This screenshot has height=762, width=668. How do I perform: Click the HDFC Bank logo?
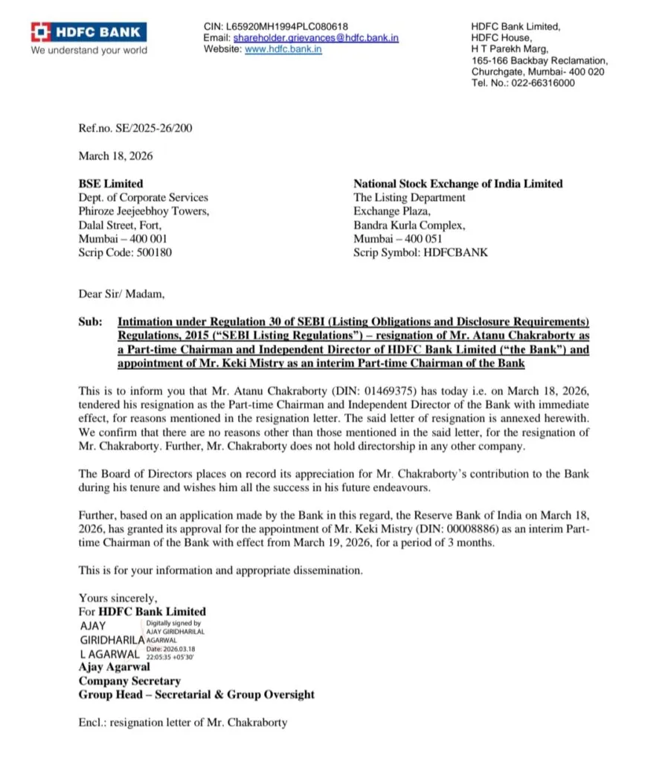pos(88,32)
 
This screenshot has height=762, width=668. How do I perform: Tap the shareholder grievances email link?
pos(315,38)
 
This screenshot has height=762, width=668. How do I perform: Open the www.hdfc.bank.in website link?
pos(283,49)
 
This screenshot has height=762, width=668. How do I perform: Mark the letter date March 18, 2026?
pos(115,156)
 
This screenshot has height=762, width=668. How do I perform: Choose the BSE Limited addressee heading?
pos(111,184)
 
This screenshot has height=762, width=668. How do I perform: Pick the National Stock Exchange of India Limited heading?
pos(457,184)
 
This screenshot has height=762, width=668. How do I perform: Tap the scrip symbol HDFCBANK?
pos(455,253)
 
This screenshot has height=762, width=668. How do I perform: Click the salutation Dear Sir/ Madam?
pos(122,293)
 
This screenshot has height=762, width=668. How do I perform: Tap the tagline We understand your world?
pos(89,51)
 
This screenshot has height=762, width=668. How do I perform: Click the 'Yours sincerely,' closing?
pos(118,598)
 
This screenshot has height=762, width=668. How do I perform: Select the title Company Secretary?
pos(129,681)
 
